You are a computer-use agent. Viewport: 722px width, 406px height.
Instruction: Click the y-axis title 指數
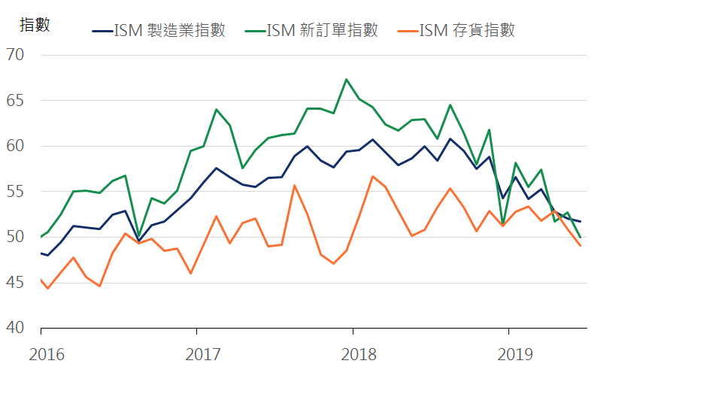[35, 25]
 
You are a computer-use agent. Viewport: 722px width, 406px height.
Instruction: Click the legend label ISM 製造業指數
[169, 31]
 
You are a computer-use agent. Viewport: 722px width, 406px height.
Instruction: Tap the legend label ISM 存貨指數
[466, 31]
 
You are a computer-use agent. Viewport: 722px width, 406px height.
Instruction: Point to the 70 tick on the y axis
[15, 55]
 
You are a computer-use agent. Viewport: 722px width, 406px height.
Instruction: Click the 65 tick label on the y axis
[15, 101]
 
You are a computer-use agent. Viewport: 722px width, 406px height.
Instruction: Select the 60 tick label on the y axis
[15, 146]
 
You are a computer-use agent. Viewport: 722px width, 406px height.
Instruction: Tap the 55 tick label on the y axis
[15, 192]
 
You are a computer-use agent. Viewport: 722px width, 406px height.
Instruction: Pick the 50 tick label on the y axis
[15, 238]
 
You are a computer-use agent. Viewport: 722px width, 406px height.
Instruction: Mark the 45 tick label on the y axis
[15, 283]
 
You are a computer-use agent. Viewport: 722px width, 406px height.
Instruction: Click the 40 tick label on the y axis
[15, 329]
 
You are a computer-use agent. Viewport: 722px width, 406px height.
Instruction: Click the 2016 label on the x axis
[47, 354]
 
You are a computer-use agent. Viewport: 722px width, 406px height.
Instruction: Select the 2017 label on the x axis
[202, 354]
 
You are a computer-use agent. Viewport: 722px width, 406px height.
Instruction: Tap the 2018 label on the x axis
[359, 354]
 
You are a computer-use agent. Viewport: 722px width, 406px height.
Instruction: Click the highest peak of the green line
[346, 79]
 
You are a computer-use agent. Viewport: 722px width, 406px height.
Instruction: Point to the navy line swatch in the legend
[102, 32]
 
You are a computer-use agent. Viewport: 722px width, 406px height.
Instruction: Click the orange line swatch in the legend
[407, 32]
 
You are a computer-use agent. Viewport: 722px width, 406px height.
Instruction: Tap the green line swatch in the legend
[255, 32]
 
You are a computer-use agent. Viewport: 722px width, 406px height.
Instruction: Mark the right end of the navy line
[580, 221]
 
